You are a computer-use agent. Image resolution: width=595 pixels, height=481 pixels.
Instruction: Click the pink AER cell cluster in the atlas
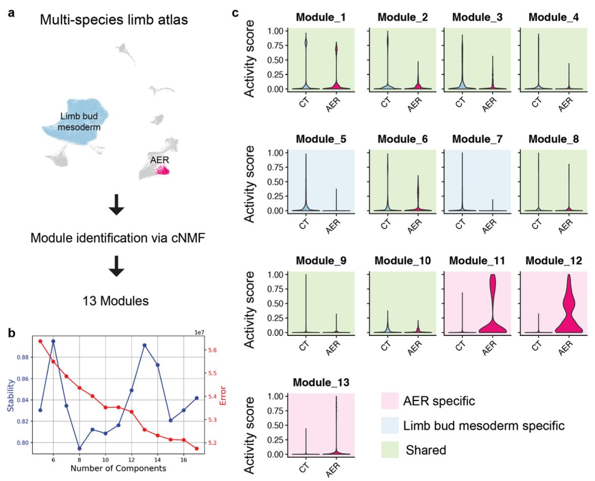tap(162, 172)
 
